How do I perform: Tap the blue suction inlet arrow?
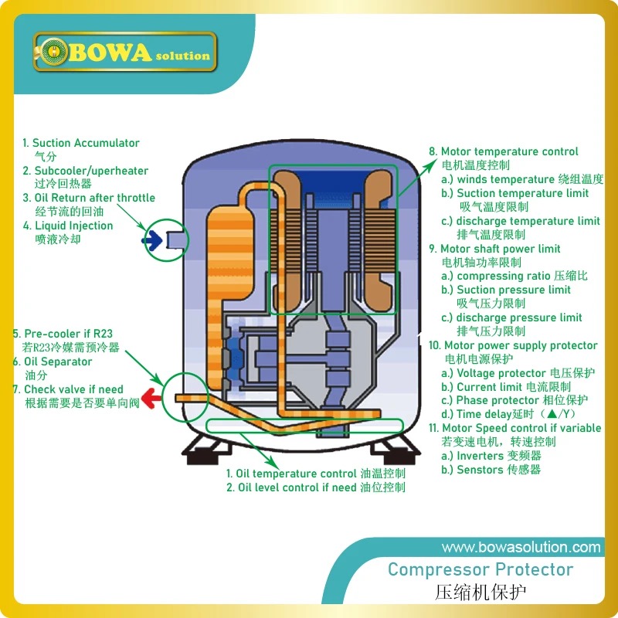pos(152,241)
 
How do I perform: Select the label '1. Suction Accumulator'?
pos(80,143)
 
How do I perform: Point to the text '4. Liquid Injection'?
pos(68,226)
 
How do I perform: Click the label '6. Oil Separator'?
pos(52,362)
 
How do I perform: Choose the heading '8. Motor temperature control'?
pos(504,151)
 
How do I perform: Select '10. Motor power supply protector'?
pos(513,345)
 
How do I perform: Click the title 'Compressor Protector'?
pos(480,570)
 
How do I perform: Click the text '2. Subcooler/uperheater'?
pos(85,171)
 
